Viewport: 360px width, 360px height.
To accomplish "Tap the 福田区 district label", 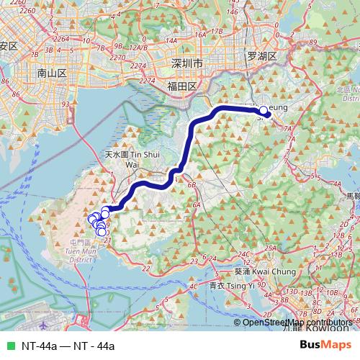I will click(181, 86).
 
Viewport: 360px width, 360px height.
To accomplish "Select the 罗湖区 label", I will click(261, 55).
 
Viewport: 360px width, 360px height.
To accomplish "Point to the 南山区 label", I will click(52, 73).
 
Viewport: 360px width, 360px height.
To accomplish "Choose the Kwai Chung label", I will click(256, 271).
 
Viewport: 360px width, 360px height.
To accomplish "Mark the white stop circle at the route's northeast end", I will click(264, 111).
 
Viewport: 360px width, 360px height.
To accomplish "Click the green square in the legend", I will click(9, 346).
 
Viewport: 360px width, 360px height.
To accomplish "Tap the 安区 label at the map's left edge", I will click(9, 45).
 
